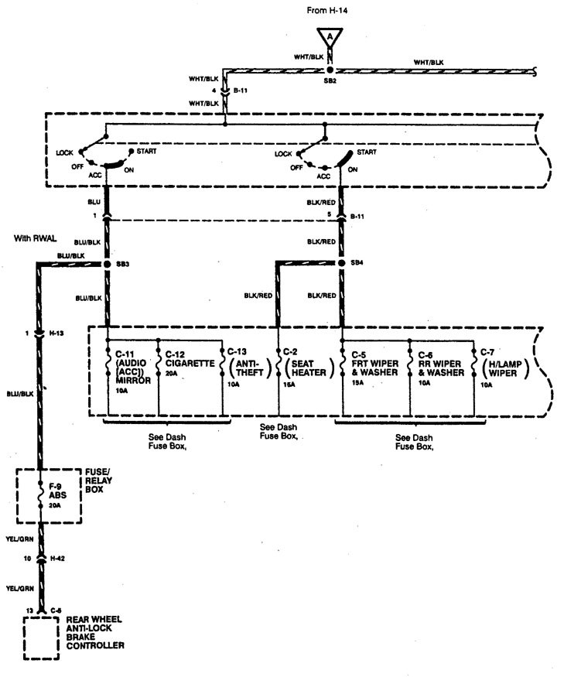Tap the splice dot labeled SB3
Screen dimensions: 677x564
point(107,265)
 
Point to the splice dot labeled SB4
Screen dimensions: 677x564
point(342,265)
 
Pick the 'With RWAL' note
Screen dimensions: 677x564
point(35,238)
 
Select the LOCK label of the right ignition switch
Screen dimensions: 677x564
point(283,154)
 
